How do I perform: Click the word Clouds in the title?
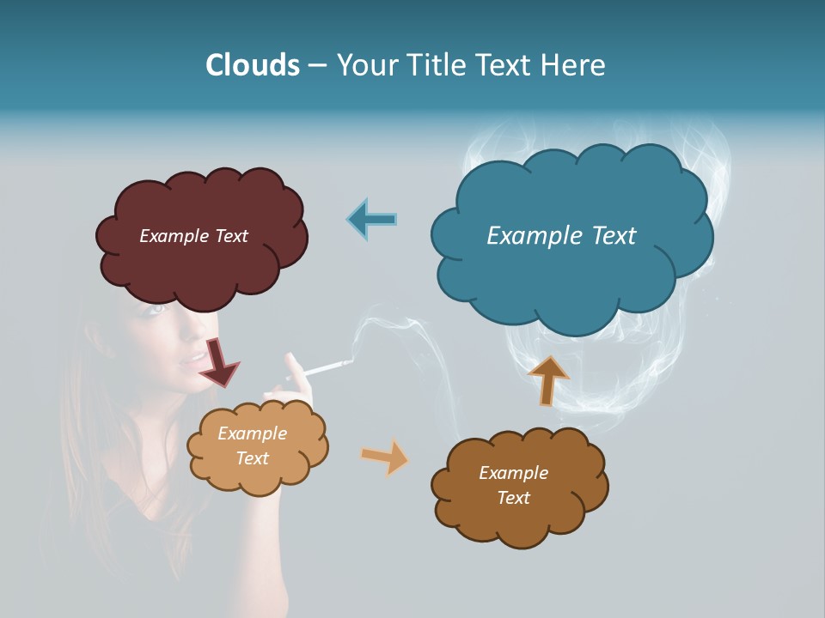253,65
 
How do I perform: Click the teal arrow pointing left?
371,219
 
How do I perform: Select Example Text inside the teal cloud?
561,236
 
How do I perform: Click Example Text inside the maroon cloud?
193,236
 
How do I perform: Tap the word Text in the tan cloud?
253,458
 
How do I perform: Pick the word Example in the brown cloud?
513,473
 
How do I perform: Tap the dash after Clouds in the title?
317,65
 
